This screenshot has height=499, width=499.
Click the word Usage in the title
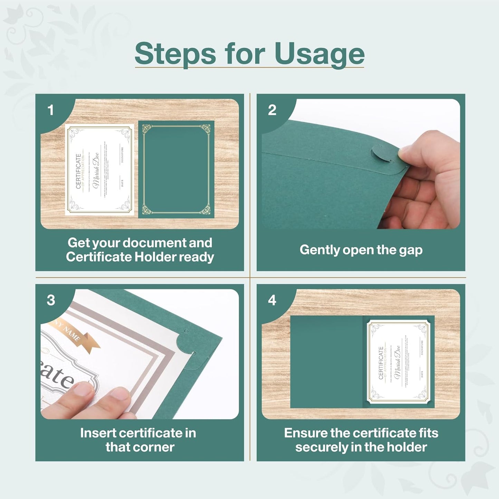pyautogui.click(x=319, y=54)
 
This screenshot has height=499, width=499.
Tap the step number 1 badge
pyautogui.click(x=51, y=110)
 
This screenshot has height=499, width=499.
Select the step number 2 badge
pyautogui.click(x=272, y=110)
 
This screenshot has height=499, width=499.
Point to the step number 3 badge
pyautogui.click(x=51, y=300)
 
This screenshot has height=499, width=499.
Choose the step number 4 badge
pyautogui.click(x=272, y=300)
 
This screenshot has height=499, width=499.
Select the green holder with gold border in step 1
pyautogui.click(x=176, y=169)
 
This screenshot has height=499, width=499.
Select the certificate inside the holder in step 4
pyautogui.click(x=398, y=362)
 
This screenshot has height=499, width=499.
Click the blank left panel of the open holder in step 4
pyautogui.click(x=326, y=362)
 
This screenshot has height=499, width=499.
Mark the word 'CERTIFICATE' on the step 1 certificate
pyautogui.click(x=78, y=171)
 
